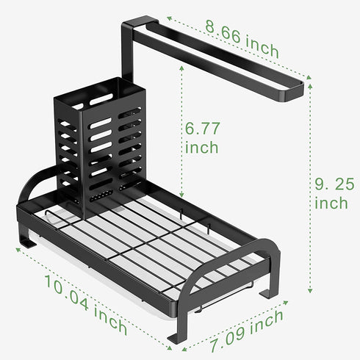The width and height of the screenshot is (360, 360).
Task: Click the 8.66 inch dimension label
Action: point(242,39)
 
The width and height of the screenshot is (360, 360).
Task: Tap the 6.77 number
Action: point(202,129)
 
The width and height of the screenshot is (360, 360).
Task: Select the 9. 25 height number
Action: point(334,184)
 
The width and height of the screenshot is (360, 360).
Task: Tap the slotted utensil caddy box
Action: point(100,145)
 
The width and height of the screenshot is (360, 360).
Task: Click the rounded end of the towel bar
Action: point(294,91)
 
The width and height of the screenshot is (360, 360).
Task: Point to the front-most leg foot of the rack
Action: point(177,337)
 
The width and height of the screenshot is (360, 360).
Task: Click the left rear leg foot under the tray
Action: point(26,242)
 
